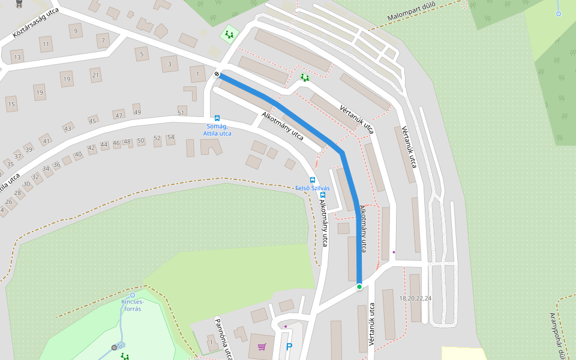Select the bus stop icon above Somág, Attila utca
click(217, 118)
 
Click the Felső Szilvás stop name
click(313, 188)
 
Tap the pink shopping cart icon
click(262, 347)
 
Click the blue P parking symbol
click(289, 347)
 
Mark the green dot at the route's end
click(359, 287)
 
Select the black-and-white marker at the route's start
click(217, 74)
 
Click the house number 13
click(17, 58)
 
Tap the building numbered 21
click(95, 75)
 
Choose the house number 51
click(181, 113)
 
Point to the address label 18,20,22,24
click(415, 298)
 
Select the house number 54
click(170, 138)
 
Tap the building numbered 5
click(142, 55)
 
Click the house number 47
click(119, 116)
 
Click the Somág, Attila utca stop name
click(217, 130)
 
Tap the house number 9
click(75, 31)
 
